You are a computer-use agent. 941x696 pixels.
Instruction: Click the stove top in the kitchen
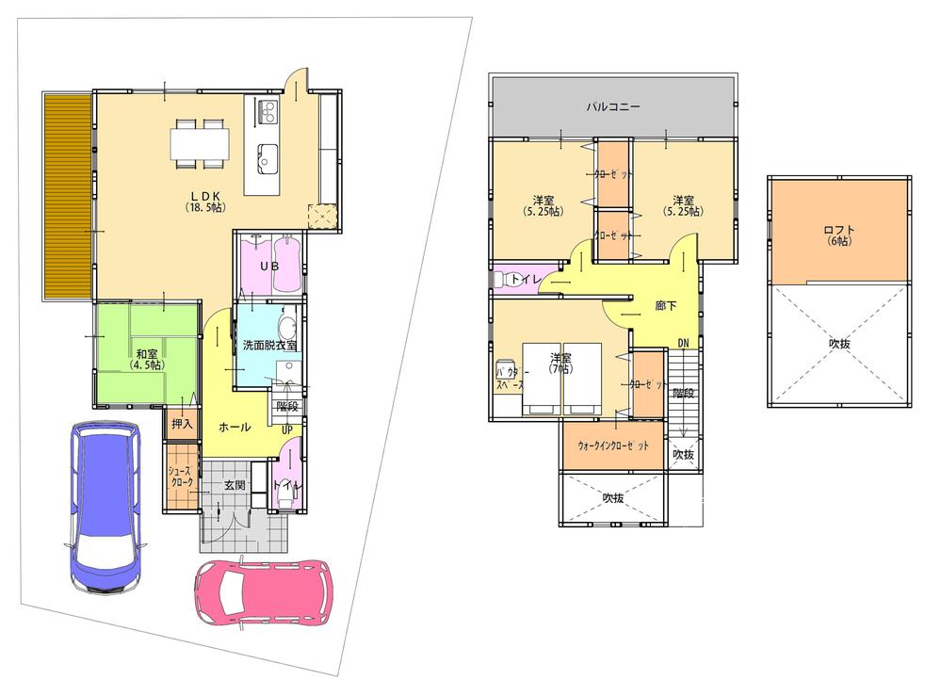point(266,113)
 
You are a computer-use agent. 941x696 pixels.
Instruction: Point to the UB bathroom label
point(268,267)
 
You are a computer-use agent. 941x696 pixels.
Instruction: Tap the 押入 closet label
point(181,424)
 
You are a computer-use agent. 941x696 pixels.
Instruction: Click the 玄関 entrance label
point(235,485)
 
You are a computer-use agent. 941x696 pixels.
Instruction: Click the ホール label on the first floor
point(234,427)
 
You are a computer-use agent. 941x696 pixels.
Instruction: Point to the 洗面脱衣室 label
point(268,345)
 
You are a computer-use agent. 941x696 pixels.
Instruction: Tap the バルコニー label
point(613,107)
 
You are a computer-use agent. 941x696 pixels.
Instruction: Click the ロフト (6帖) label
point(837,235)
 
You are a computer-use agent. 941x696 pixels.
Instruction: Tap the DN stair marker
point(684,343)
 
